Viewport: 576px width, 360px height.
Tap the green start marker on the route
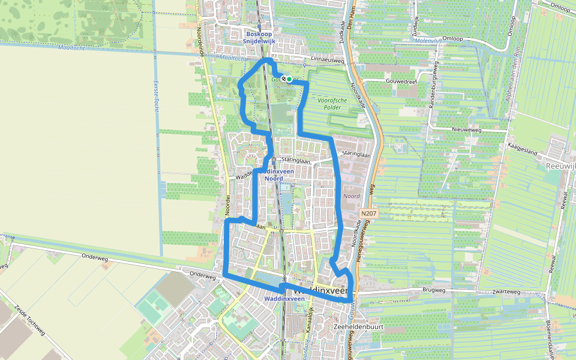tap(289, 79)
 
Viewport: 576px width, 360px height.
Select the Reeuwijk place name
tap(561, 165)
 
